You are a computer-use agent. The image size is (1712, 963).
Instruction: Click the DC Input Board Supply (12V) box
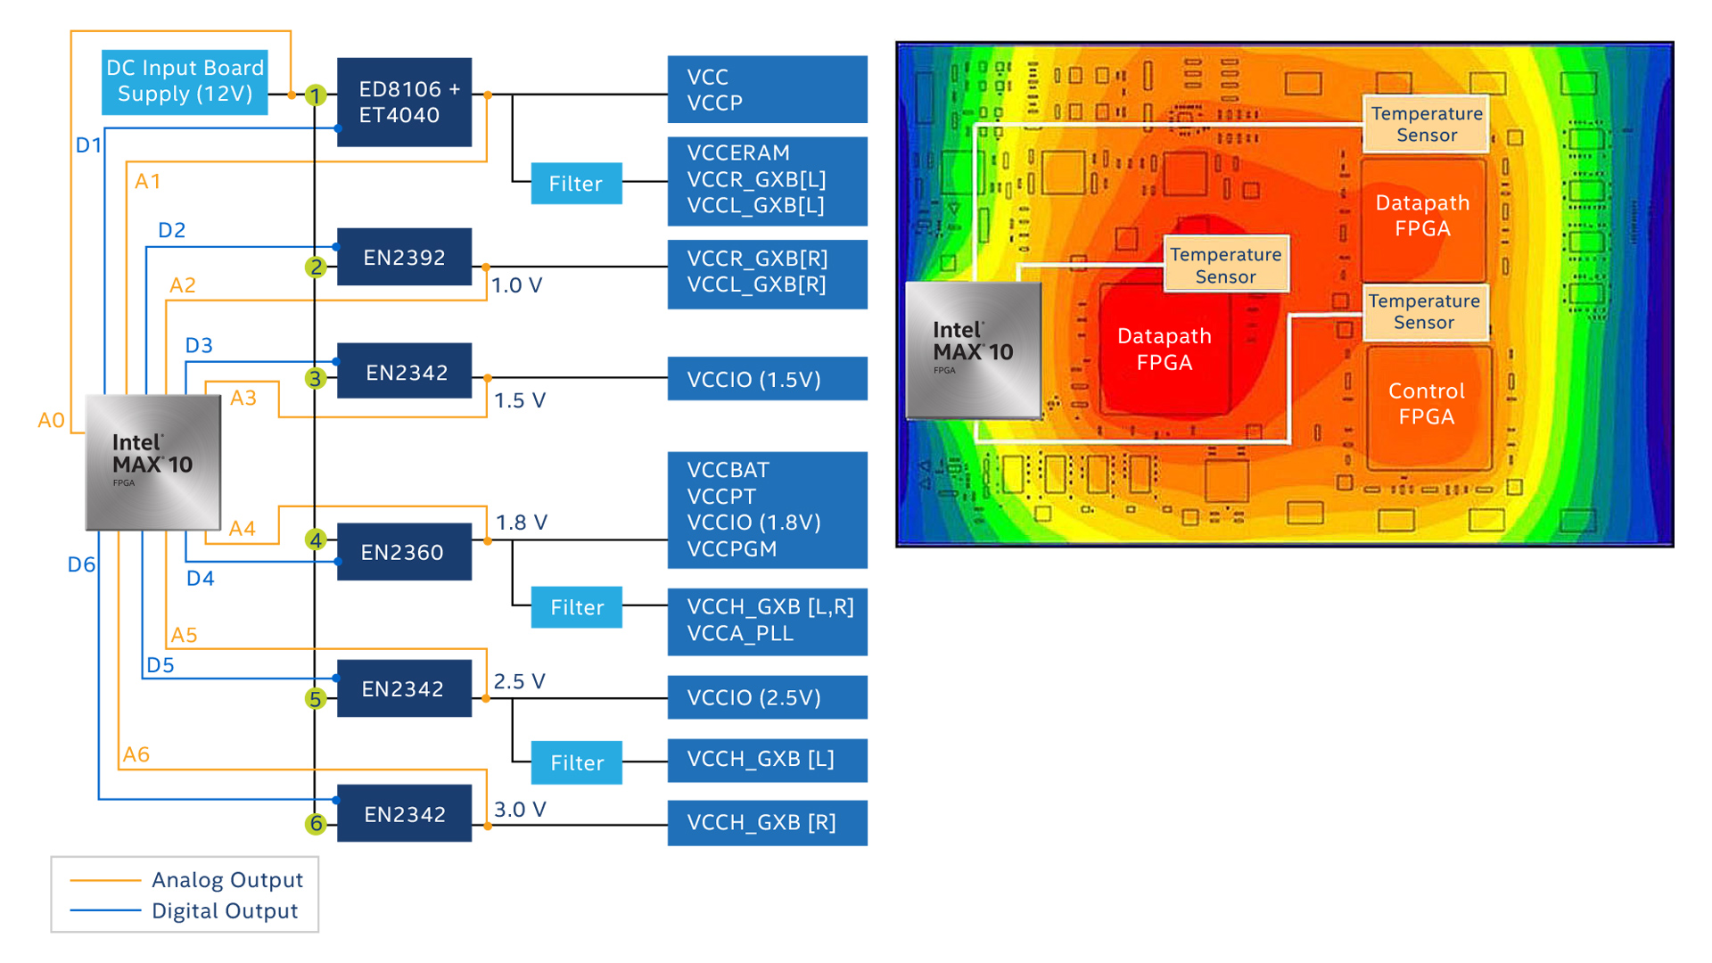coord(185,81)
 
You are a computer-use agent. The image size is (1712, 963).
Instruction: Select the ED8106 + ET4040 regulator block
coord(404,103)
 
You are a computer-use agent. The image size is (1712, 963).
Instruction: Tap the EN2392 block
coord(404,258)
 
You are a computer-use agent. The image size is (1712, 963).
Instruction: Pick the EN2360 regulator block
coord(404,552)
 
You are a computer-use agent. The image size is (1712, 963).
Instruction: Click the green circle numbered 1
coord(315,95)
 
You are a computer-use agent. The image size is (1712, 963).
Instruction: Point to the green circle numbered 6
coord(315,823)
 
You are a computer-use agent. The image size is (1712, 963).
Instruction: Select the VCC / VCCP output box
coord(767,89)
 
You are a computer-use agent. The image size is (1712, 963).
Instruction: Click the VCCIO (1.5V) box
coord(767,379)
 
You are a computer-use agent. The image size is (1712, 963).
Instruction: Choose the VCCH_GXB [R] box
coord(767,822)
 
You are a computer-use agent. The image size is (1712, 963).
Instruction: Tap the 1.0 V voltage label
coord(517,285)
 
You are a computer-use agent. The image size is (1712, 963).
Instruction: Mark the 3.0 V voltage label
coord(520,810)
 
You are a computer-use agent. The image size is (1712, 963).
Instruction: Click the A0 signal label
coord(51,420)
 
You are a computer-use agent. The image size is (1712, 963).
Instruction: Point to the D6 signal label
coord(81,564)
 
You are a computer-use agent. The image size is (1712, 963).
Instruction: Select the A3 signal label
coord(243,398)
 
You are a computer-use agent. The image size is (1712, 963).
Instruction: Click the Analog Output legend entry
coord(226,880)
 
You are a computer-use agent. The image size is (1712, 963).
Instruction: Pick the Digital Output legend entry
coord(225,911)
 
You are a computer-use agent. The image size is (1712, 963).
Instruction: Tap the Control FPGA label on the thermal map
coord(1427,404)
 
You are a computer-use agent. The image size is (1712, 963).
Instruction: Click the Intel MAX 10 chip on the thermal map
coord(973,350)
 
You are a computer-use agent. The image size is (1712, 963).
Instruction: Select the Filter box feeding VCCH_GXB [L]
coord(577,762)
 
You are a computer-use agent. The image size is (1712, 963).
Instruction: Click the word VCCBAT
coord(728,470)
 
